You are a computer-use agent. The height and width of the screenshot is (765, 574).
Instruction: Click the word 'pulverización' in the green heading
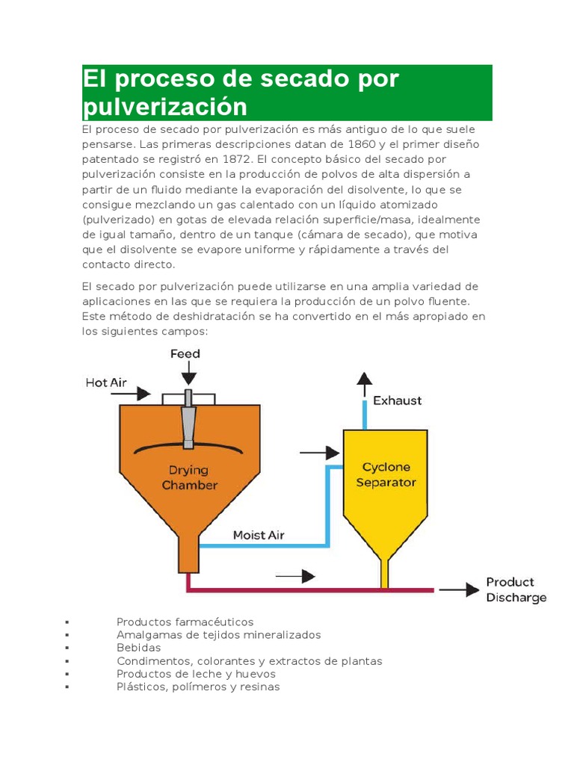(164, 107)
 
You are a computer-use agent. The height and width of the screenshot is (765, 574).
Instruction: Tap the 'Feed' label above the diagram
(185, 353)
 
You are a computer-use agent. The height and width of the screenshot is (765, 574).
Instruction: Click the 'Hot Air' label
(106, 382)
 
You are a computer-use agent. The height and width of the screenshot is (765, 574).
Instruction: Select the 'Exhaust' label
(397, 400)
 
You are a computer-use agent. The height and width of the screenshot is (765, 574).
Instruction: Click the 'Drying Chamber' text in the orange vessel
(189, 477)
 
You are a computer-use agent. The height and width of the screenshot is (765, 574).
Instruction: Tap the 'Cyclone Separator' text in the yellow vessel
(386, 474)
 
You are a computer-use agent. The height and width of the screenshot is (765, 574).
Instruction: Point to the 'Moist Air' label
(259, 535)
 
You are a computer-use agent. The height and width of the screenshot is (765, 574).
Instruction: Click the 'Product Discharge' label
(516, 589)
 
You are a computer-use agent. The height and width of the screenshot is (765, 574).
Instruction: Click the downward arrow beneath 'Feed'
(190, 371)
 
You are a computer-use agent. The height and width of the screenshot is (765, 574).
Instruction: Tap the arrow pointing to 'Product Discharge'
(459, 589)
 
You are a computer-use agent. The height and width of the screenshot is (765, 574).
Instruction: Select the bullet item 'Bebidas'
(138, 648)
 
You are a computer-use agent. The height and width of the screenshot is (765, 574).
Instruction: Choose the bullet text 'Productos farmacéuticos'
(185, 622)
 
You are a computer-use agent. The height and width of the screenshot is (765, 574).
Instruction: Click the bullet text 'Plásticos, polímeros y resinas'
(198, 687)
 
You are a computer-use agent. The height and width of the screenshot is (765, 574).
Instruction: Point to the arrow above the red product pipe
(295, 576)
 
